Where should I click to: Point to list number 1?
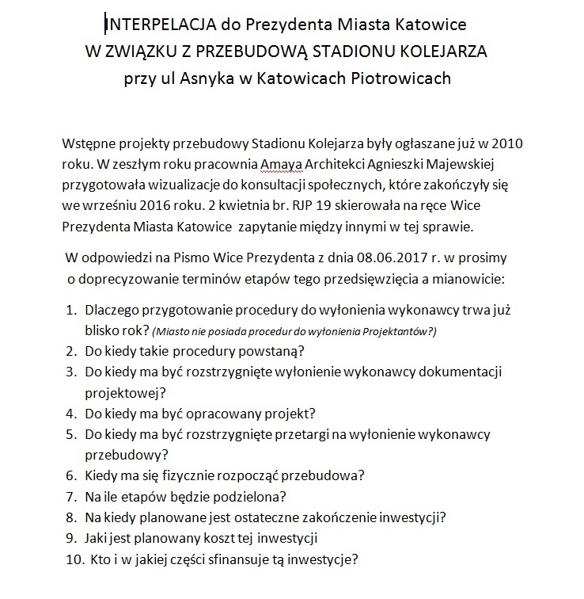[x=70, y=310]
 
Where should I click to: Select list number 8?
[x=70, y=518]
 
